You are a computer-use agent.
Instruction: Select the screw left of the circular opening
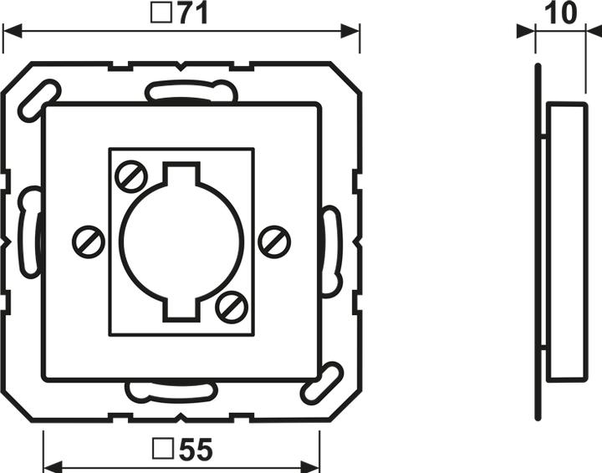click(x=88, y=242)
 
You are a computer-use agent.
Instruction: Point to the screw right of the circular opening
click(x=274, y=242)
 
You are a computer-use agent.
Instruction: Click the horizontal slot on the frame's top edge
click(x=191, y=91)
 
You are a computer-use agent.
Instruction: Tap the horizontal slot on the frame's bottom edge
click(x=171, y=390)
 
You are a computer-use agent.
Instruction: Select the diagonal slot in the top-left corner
click(x=38, y=99)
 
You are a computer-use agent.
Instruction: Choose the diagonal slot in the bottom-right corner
click(x=322, y=383)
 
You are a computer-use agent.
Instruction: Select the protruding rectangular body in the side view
click(x=567, y=241)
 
